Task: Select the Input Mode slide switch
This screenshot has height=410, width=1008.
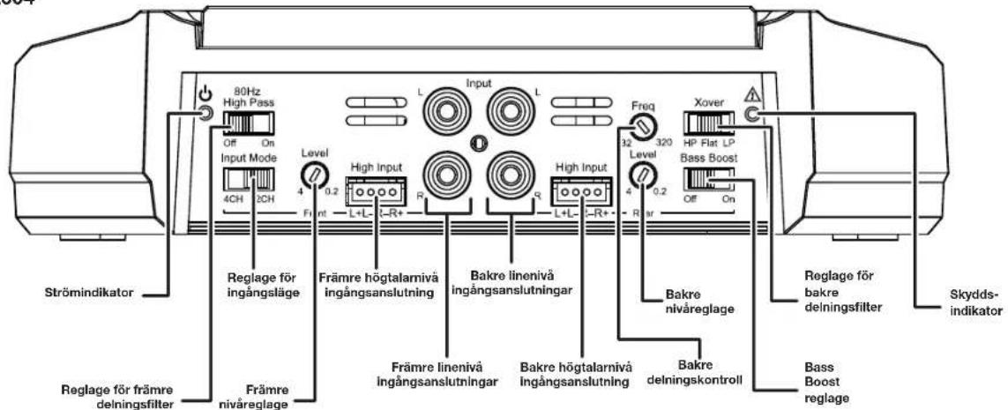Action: coord(249,183)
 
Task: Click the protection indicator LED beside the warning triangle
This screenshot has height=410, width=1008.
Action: coord(753,113)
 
